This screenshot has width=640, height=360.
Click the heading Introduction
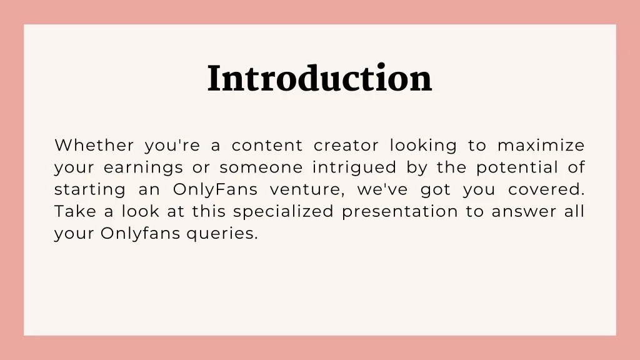[319, 79]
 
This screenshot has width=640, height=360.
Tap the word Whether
[94, 146]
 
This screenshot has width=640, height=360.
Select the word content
[267, 146]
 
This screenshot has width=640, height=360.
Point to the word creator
[346, 146]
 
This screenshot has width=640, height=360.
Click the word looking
[423, 146]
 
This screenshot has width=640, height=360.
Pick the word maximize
[541, 146]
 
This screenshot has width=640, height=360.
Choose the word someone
[261, 167]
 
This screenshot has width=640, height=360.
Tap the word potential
[517, 167]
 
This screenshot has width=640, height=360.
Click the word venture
[308, 189]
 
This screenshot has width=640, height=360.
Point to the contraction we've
[382, 189]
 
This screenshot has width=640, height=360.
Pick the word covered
[546, 189]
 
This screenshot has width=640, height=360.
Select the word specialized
[283, 212]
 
